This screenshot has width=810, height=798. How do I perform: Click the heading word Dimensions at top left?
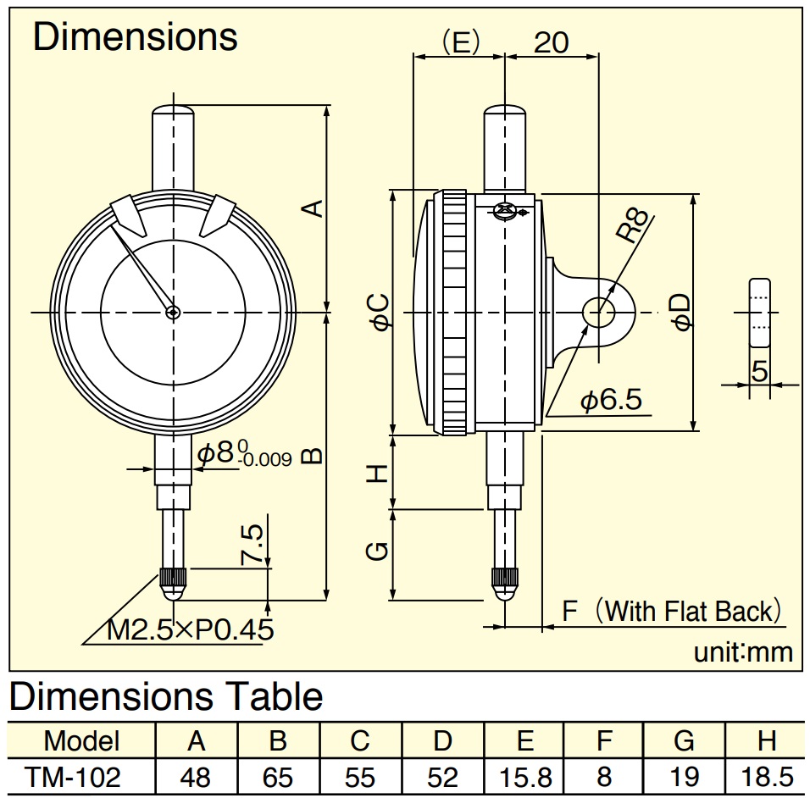click(135, 37)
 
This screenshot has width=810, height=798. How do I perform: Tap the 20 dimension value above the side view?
click(552, 42)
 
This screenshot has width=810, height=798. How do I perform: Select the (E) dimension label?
click(461, 42)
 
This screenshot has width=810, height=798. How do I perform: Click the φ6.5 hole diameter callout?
click(611, 399)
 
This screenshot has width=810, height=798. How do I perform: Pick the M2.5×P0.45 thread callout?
click(190, 629)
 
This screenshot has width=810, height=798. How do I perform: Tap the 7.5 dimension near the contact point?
click(252, 545)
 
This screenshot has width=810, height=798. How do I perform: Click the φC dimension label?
click(380, 312)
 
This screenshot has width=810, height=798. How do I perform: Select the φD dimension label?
click(681, 312)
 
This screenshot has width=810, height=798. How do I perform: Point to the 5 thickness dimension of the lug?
click(759, 370)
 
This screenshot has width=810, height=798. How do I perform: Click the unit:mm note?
click(743, 652)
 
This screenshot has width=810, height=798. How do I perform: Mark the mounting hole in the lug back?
click(598, 313)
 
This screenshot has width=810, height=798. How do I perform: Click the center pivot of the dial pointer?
click(173, 312)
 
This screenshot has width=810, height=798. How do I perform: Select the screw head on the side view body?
click(504, 211)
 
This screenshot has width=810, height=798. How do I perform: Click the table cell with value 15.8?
click(524, 777)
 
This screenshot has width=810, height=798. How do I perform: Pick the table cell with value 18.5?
click(767, 777)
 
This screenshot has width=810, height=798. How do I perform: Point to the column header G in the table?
click(684, 740)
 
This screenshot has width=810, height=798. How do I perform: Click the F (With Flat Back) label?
click(672, 611)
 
